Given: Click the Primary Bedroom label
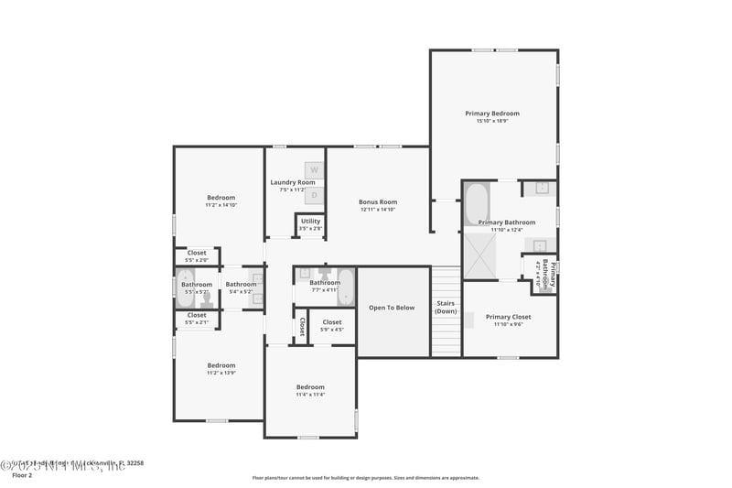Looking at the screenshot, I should tap(492, 113).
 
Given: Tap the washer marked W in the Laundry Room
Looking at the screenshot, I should tap(314, 170).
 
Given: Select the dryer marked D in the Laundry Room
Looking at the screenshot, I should tap(314, 194).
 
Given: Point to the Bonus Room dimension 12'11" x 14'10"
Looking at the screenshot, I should tap(378, 210).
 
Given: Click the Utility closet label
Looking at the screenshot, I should tap(310, 221).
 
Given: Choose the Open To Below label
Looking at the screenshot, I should tap(392, 308).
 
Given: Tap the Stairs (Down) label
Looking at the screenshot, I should tap(446, 307).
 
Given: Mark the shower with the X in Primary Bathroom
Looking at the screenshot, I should tap(479, 255).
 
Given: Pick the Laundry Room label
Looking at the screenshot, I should tap(293, 182).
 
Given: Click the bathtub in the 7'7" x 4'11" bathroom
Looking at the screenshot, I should tap(346, 287).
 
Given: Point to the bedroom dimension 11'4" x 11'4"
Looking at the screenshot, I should tap(310, 395).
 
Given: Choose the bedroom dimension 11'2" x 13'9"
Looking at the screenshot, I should tap(221, 373).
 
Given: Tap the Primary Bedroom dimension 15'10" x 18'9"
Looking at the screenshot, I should tap(492, 121).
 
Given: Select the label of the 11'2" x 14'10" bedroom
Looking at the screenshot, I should tap(221, 198).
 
